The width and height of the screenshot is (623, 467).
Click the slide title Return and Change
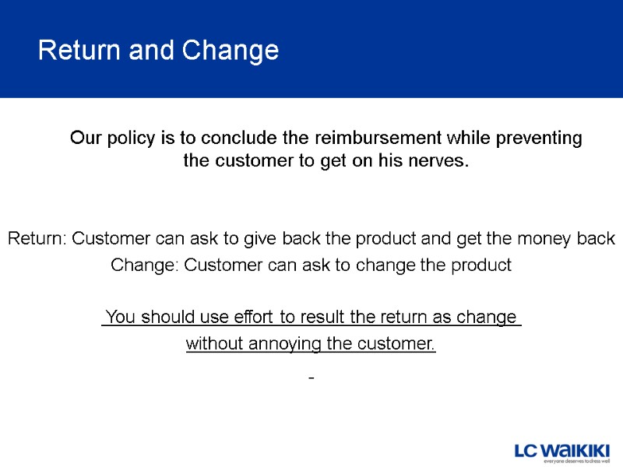tap(158, 51)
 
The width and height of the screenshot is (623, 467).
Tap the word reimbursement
tap(377, 139)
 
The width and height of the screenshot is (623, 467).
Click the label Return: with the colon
tap(37, 239)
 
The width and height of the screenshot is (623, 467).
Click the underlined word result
tap(321, 318)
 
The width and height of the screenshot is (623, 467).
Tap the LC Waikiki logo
tap(562, 451)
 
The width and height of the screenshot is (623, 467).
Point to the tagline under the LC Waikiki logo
tap(576, 462)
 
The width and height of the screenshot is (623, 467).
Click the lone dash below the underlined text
tap(311, 378)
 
